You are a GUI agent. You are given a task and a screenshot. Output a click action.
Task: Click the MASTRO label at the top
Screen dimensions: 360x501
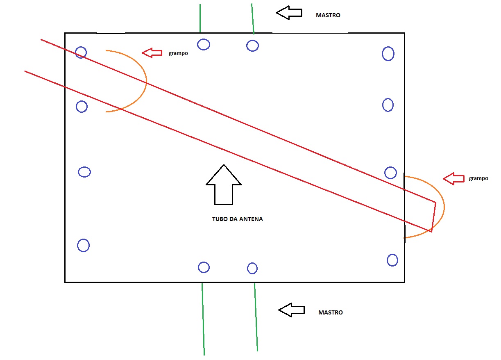(328, 15)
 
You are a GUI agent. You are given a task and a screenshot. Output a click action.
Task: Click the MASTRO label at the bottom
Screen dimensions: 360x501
(330, 312)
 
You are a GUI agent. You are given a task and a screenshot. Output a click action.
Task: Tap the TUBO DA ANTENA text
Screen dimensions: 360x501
(237, 219)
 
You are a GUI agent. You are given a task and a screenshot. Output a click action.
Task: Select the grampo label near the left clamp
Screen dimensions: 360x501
(178, 53)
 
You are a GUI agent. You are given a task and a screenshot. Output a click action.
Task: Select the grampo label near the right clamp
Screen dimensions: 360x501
(478, 178)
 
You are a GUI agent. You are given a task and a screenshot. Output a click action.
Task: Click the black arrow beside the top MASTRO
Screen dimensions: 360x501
(289, 13)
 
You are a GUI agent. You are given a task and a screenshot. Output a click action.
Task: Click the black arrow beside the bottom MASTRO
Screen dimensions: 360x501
(291, 310)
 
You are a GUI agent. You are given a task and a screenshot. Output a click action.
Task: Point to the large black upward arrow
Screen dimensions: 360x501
(224, 185)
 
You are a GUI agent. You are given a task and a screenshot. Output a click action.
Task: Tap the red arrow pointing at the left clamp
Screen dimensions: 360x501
(152, 52)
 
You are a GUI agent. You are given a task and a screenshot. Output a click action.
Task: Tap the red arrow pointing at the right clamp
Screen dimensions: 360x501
(454, 179)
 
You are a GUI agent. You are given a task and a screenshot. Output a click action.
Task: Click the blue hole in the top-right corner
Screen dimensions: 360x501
(388, 53)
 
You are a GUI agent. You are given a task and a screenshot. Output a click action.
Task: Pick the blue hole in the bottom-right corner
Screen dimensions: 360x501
(392, 260)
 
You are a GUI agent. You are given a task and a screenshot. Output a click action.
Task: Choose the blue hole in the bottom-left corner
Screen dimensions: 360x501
(83, 245)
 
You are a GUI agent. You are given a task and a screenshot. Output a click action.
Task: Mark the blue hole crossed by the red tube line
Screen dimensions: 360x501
(81, 52)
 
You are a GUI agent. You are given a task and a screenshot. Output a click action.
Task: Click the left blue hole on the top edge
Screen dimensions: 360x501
(204, 44)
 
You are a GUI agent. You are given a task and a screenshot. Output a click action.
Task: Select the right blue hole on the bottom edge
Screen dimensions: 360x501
(252, 268)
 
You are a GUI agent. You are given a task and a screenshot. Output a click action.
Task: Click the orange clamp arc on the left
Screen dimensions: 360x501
(146, 81)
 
